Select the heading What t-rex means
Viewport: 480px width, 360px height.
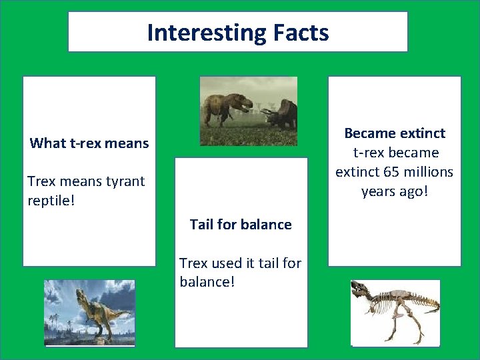[x=89, y=143]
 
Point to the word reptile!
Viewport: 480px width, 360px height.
[x=51, y=200]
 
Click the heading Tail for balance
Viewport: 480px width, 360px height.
[x=241, y=224]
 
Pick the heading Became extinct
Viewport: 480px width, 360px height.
[x=395, y=133]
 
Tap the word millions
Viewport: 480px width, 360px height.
[x=428, y=172]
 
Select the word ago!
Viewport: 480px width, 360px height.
[x=412, y=191]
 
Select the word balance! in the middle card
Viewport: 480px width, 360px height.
[x=207, y=281]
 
